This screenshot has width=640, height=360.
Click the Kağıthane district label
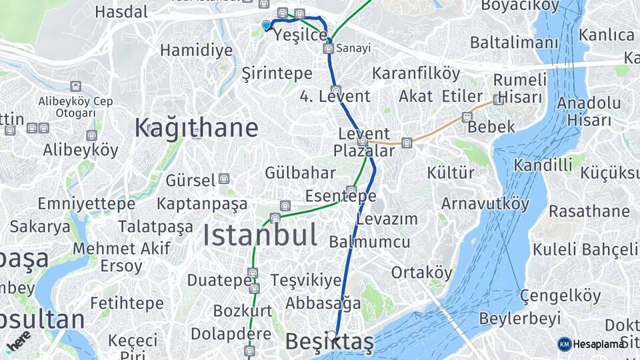196,127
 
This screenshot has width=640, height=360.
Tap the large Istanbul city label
259,235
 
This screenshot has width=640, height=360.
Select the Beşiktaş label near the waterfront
329,342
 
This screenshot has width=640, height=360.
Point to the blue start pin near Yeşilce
267,25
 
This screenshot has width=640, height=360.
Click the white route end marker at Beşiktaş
332,335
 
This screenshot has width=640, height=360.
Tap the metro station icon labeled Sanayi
328,49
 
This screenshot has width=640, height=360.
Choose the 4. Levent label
335,96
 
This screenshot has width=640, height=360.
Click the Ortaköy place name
421,272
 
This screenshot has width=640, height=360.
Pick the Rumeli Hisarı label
519,88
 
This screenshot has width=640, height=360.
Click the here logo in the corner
19,341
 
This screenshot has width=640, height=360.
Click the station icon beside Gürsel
224,179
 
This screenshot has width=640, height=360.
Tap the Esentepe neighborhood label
341,196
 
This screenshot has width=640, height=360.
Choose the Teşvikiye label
306,280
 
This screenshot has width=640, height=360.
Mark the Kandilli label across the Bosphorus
543,164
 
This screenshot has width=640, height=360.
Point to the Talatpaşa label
156,227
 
